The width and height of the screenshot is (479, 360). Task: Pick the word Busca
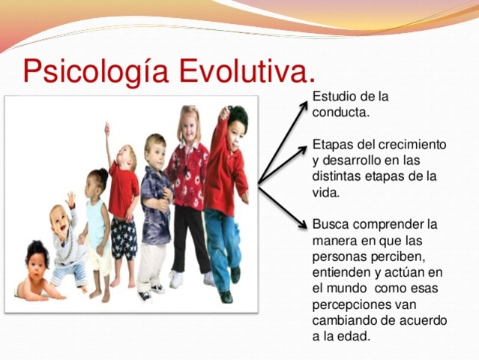[x=331, y=224]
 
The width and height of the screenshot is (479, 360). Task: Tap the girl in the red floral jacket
[x=188, y=172]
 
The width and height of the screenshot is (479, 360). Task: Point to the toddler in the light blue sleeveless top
[x=98, y=225]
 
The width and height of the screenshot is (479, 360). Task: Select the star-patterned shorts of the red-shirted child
[x=124, y=238]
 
